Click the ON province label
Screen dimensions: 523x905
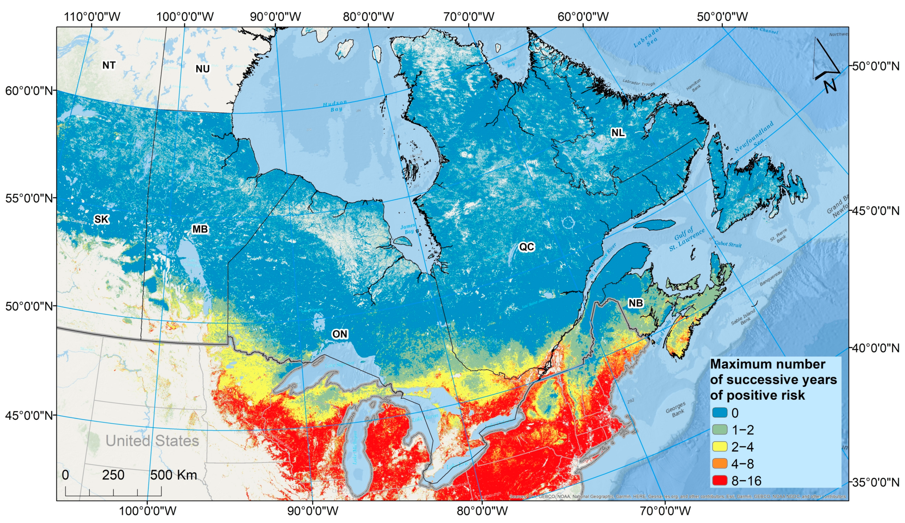(x=339, y=334)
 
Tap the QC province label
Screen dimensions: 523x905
(x=526, y=247)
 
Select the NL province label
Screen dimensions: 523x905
(x=618, y=133)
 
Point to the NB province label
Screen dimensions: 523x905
(x=635, y=303)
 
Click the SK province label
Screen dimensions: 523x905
(x=101, y=219)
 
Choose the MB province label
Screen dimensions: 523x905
(x=200, y=229)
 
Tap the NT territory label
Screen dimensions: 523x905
(x=109, y=65)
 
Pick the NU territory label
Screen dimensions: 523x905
(x=202, y=69)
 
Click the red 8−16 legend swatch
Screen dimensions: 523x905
(x=720, y=480)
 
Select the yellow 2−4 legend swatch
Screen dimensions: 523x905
(x=720, y=446)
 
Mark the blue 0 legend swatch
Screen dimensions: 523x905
(x=720, y=413)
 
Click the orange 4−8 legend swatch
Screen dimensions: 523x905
(x=720, y=464)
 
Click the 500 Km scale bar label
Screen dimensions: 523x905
(x=174, y=475)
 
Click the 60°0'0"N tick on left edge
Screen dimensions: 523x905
(x=29, y=90)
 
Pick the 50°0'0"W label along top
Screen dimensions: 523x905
(x=722, y=16)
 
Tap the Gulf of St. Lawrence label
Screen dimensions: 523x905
(x=687, y=239)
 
